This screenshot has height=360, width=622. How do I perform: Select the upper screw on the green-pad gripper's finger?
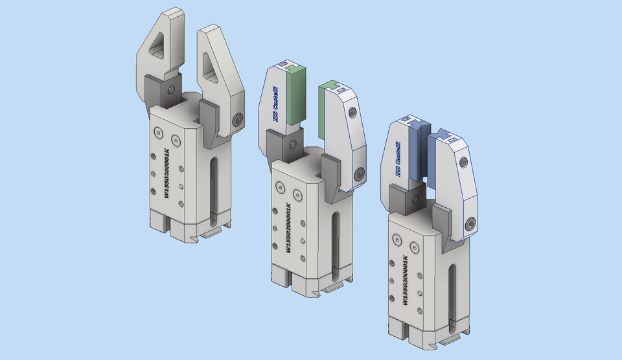pyautogui.click(x=352, y=113)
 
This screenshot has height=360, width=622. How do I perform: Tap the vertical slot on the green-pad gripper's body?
pyautogui.click(x=334, y=240)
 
